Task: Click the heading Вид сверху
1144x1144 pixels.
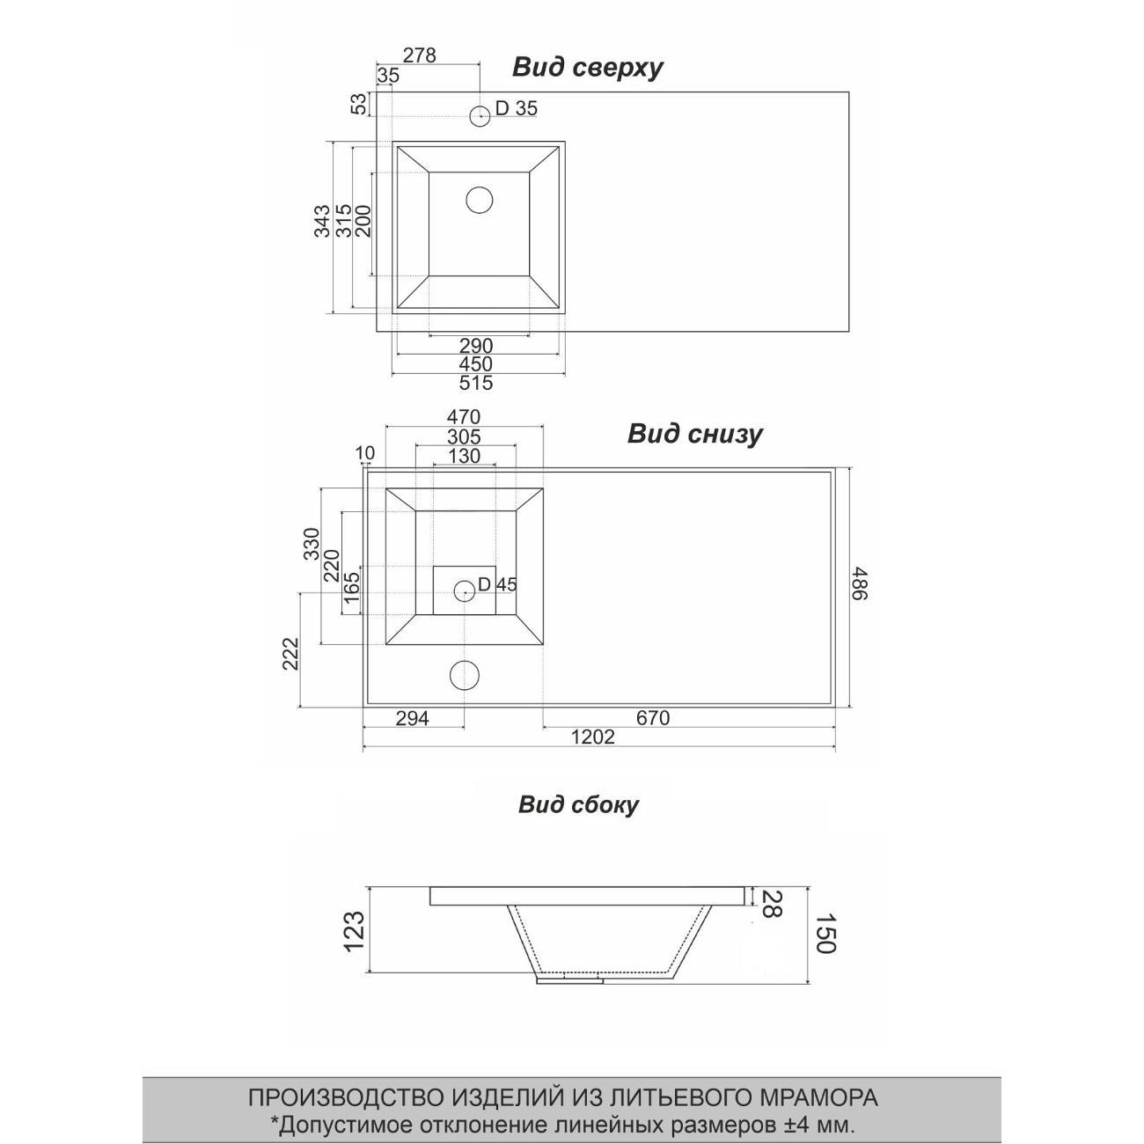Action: pyautogui.click(x=587, y=68)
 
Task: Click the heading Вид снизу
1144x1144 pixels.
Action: pyautogui.click(x=694, y=434)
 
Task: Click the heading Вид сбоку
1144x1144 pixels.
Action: pyautogui.click(x=578, y=804)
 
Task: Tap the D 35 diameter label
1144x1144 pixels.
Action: pyautogui.click(x=516, y=108)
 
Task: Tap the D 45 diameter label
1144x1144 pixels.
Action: pyautogui.click(x=497, y=584)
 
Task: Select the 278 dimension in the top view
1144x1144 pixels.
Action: pyautogui.click(x=419, y=55)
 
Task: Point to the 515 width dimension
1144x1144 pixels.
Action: pyautogui.click(x=475, y=383)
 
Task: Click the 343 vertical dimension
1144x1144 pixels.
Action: pyautogui.click(x=322, y=221)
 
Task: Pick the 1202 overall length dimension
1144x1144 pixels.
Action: pyautogui.click(x=592, y=737)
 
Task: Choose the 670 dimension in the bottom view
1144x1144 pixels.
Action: pyautogui.click(x=652, y=718)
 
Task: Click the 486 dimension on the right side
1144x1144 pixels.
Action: pyautogui.click(x=858, y=583)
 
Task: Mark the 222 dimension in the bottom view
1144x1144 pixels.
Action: pyautogui.click(x=291, y=654)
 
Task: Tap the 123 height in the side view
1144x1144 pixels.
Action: pyautogui.click(x=353, y=932)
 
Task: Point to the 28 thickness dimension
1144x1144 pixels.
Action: pyautogui.click(x=769, y=904)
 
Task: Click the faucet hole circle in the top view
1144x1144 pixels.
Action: pyautogui.click(x=480, y=115)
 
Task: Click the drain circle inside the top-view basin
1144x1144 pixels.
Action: pyautogui.click(x=479, y=201)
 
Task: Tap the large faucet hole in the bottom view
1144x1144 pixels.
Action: pyautogui.click(x=465, y=675)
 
